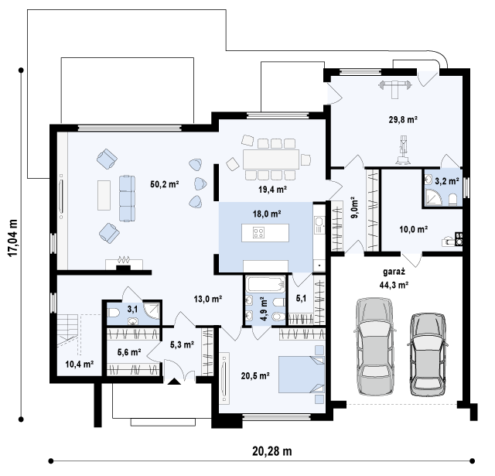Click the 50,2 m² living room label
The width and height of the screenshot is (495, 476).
(x=165, y=184)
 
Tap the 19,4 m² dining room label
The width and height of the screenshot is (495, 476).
(x=272, y=189)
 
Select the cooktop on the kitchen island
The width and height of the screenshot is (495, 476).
(x=258, y=233)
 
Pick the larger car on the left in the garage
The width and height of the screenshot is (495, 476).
(x=375, y=347)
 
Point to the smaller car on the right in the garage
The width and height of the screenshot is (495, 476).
(x=428, y=354)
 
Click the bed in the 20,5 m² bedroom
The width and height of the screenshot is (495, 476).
(x=302, y=375)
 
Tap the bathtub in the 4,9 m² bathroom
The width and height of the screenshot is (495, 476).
(x=266, y=284)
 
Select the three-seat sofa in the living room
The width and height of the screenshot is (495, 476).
(x=127, y=198)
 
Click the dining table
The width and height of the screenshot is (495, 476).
(x=271, y=159)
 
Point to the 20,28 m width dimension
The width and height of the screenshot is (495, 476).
(x=271, y=451)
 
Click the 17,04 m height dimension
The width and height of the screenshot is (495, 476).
(x=12, y=238)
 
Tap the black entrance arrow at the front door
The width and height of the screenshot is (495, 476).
(x=174, y=382)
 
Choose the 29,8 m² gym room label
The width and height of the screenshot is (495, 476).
(x=403, y=120)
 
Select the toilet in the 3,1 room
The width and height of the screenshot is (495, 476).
(x=113, y=313)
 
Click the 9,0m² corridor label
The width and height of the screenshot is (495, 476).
(x=354, y=208)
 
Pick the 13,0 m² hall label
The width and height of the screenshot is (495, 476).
(x=208, y=299)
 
